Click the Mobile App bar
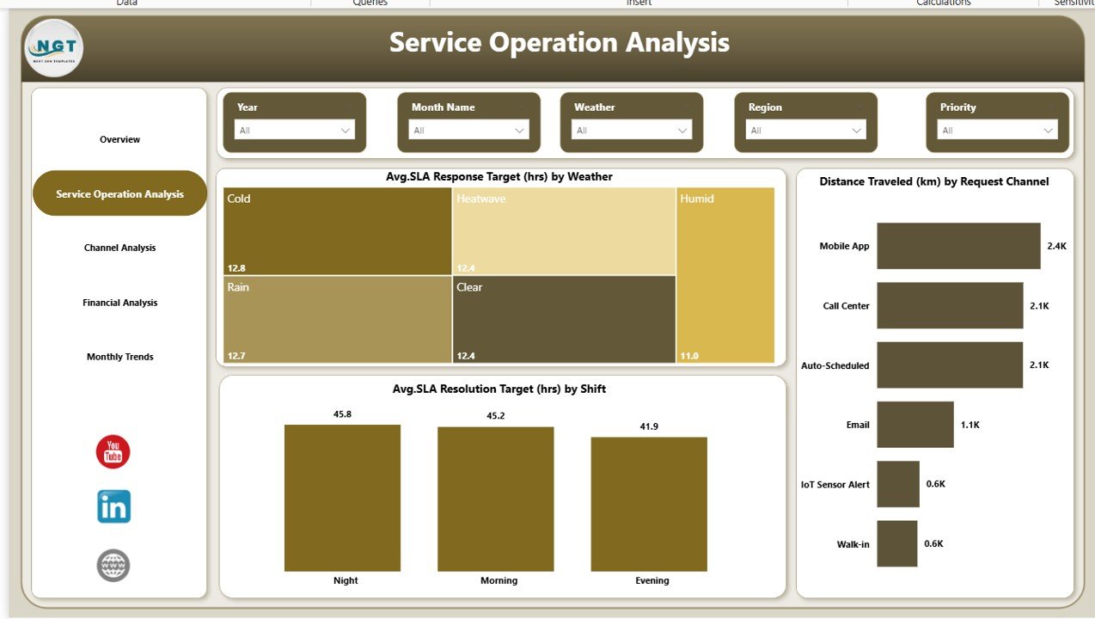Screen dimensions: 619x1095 point(957,246)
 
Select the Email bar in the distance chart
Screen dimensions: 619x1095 point(915,425)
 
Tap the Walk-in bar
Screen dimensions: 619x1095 point(896,543)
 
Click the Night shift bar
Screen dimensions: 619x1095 point(342,498)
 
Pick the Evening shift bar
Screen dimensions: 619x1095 point(649,504)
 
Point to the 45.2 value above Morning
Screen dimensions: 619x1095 point(499,416)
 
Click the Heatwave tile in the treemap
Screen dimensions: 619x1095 point(564,230)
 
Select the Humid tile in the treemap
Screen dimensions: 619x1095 point(725,275)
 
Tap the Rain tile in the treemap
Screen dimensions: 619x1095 point(337,319)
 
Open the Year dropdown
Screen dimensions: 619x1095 point(295,130)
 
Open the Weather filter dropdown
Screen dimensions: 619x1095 point(632,130)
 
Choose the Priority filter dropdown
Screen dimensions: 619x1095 point(997,130)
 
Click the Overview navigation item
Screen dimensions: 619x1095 point(119,139)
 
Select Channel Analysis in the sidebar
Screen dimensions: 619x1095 point(119,248)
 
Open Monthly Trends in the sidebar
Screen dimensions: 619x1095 point(119,357)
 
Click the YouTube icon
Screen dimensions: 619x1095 point(113,452)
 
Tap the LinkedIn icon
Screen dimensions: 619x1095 point(113,506)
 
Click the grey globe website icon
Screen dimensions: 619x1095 point(113,565)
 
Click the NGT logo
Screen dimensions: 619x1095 point(53,47)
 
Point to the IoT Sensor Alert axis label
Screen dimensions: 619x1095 point(834,484)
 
